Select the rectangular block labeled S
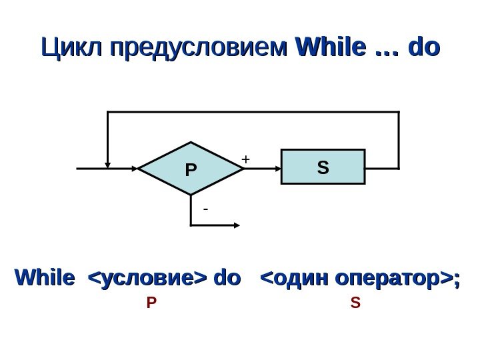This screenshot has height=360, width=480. point(323,166)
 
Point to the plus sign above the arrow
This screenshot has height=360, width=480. point(245,159)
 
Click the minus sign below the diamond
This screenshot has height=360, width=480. point(205,209)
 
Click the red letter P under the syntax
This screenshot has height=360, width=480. point(150,303)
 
